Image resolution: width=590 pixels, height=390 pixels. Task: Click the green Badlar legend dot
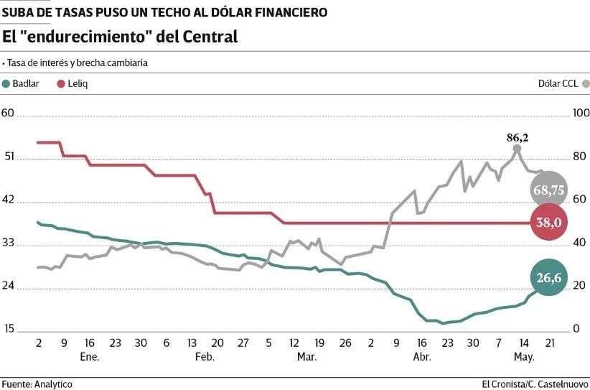(6, 83)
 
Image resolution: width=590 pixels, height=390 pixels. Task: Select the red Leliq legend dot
(62, 83)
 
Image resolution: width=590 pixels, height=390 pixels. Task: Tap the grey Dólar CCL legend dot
(585, 83)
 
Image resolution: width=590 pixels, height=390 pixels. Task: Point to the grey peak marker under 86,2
(517, 149)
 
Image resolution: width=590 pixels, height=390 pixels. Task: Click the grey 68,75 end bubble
(549, 190)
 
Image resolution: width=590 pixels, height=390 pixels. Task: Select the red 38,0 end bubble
(549, 223)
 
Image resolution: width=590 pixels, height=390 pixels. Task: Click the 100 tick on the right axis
(580, 113)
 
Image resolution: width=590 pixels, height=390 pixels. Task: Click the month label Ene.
(90, 356)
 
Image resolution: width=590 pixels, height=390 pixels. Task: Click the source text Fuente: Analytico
(37, 384)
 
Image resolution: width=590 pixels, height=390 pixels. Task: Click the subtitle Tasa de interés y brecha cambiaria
(77, 62)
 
